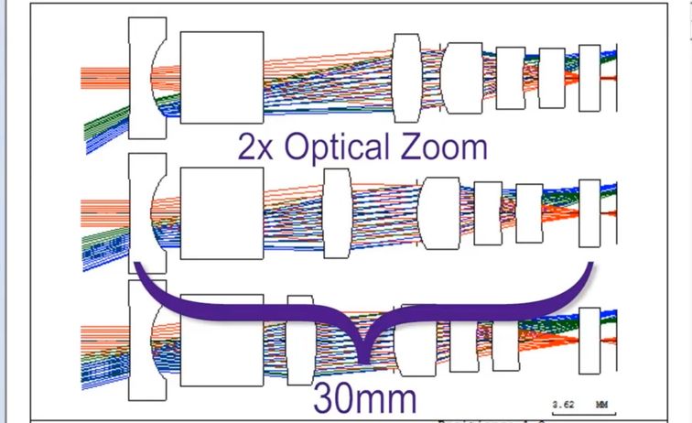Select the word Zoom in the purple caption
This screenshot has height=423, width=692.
click(447, 146)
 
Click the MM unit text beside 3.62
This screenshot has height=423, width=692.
click(601, 402)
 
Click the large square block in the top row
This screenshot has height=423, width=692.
click(222, 78)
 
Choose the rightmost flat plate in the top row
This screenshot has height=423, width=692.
click(589, 78)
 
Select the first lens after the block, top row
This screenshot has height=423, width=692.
click(405, 78)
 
